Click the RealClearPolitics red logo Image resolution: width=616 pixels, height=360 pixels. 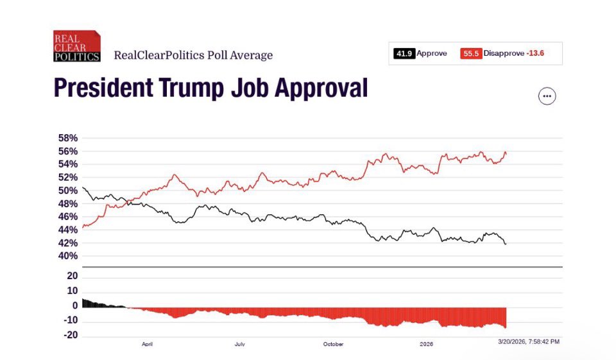[x=76, y=46]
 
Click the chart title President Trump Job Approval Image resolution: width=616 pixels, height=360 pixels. [x=210, y=88]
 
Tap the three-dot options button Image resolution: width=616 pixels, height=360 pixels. [x=547, y=96]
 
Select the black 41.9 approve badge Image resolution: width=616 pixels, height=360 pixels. [x=404, y=54]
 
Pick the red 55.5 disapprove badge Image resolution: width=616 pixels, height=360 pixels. [x=471, y=54]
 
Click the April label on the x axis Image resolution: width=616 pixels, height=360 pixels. [x=148, y=345]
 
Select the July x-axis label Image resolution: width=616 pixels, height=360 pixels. [x=239, y=345]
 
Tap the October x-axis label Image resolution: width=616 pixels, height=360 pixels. [x=333, y=345]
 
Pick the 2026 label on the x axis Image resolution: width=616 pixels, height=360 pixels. [x=427, y=345]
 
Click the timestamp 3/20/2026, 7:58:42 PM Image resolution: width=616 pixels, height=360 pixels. [x=529, y=341]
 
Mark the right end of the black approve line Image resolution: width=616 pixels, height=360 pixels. [x=506, y=244]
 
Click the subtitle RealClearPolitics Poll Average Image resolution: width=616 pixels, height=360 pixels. [x=193, y=55]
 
